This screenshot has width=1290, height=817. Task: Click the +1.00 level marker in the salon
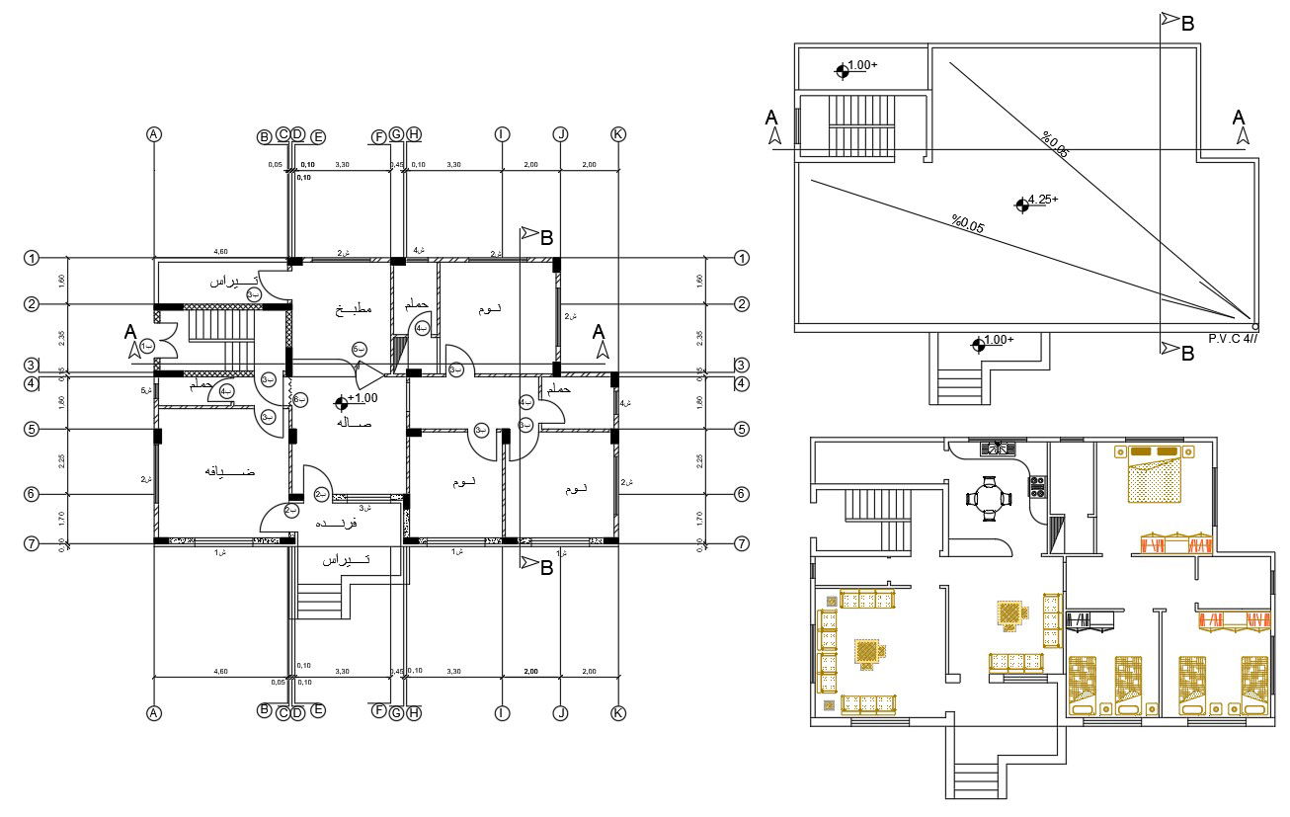(342, 401)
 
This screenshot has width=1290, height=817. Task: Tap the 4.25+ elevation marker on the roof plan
(1022, 204)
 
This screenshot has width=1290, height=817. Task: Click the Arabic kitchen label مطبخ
(353, 309)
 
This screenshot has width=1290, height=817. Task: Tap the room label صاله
(353, 423)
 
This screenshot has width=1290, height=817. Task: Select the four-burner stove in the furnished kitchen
(1037, 486)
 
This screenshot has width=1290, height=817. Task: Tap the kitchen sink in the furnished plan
(997, 449)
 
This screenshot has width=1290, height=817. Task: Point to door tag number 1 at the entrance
(146, 347)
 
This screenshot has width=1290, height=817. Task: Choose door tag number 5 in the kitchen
(360, 350)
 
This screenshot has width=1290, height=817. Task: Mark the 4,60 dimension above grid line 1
(222, 252)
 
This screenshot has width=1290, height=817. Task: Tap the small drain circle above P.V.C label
(1254, 326)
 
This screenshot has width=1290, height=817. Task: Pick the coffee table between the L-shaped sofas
(867, 652)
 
